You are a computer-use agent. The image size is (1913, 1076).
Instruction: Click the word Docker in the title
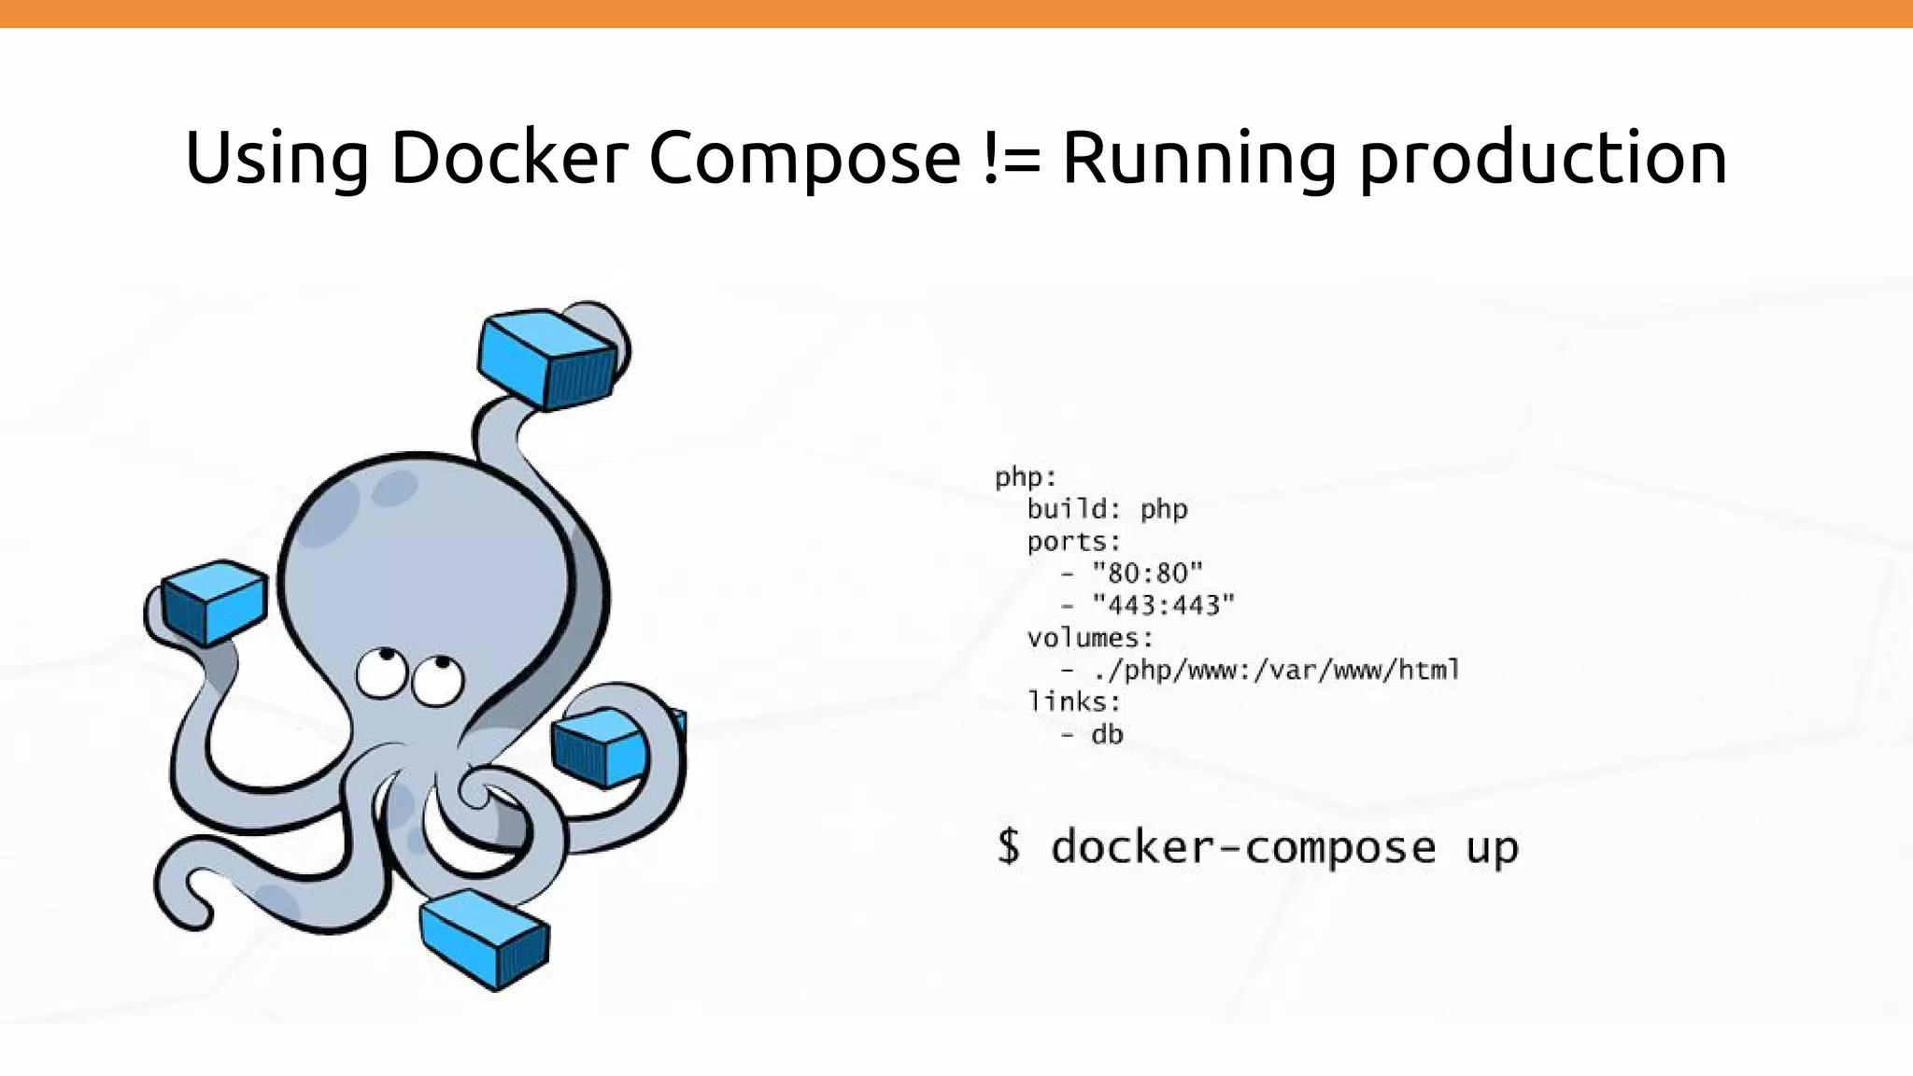(x=508, y=157)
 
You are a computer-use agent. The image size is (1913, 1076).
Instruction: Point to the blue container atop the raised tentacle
(x=546, y=359)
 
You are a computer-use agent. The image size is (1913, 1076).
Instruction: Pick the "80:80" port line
(x=1146, y=573)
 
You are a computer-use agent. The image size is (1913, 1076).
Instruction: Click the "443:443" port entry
(x=1163, y=605)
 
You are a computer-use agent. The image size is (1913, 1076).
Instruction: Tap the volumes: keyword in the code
(x=1090, y=638)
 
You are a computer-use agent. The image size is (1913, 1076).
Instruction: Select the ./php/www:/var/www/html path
(x=1275, y=670)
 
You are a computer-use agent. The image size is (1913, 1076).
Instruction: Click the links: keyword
(x=1073, y=701)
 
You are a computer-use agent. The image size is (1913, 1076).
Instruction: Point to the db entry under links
(x=1107, y=734)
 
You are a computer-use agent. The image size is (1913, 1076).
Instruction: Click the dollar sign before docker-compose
(x=1009, y=846)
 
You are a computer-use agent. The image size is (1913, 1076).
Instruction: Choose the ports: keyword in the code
(x=1073, y=542)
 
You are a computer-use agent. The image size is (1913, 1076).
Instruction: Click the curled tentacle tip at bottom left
(x=191, y=901)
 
